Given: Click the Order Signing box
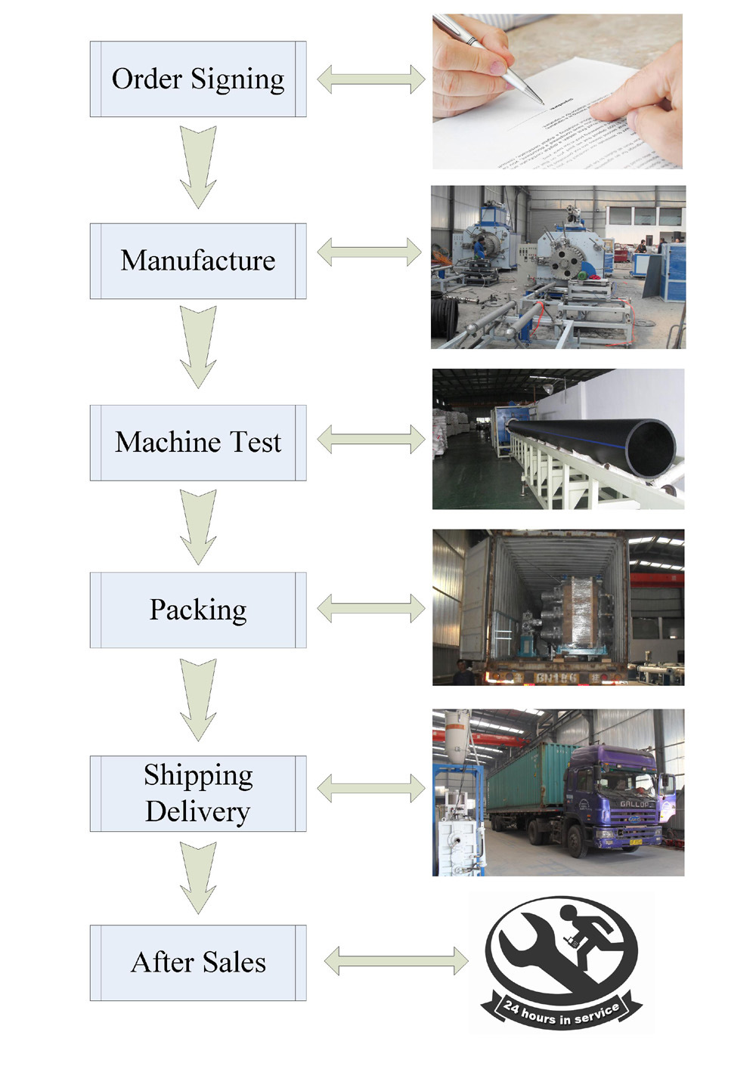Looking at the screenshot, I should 198,79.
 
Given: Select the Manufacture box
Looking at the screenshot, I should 198,261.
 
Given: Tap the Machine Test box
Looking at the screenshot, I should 198,443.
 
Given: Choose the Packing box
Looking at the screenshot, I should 198,610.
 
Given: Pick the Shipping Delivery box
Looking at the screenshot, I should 198,793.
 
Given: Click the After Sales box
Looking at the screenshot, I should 198,962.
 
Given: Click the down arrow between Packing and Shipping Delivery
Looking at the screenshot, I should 198,699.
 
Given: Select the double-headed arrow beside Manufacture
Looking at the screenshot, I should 370,252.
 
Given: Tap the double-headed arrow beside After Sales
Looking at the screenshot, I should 396,961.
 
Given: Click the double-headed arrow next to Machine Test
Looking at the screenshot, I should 370,439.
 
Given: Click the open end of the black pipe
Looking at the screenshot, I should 649,449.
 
